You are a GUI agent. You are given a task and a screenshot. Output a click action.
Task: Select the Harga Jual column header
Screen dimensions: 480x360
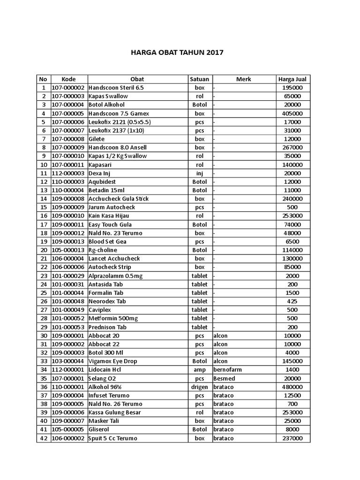(x=292, y=79)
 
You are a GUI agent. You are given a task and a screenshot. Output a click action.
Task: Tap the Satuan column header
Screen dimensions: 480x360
(x=200, y=79)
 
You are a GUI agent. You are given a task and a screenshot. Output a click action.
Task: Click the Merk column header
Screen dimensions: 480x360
(x=244, y=79)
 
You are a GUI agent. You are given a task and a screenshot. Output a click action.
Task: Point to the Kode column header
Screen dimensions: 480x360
(x=68, y=79)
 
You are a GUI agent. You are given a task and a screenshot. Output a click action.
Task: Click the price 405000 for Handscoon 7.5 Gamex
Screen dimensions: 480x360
(x=292, y=113)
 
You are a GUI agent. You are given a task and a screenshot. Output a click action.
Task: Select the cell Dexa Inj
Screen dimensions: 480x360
(x=99, y=173)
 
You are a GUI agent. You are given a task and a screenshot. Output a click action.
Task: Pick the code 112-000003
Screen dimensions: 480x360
(x=68, y=173)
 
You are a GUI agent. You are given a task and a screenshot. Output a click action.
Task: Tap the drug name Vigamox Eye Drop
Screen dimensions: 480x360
(x=112, y=361)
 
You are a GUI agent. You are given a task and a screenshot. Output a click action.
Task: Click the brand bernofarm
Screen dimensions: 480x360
(x=227, y=369)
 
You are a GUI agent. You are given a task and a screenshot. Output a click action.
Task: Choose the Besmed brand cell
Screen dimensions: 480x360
(x=223, y=378)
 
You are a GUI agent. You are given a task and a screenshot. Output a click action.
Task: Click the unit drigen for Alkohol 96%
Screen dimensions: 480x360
(x=200, y=387)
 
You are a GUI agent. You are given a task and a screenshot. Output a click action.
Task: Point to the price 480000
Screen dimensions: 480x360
(x=292, y=387)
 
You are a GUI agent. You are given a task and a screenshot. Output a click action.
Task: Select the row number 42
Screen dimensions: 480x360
(x=44, y=438)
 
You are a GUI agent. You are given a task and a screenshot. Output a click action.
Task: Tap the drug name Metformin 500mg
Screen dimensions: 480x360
(x=113, y=318)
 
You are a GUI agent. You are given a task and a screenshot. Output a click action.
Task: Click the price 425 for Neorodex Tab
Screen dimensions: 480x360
(x=292, y=301)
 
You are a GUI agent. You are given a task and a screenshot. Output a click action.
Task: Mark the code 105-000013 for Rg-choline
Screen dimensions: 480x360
(x=68, y=250)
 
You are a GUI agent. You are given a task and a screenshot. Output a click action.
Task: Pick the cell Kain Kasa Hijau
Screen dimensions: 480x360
(x=109, y=216)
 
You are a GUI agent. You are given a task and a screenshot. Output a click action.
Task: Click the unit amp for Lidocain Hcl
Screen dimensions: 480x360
(x=200, y=369)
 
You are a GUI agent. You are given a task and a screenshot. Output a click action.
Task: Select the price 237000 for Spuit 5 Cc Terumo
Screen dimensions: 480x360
(x=292, y=438)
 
